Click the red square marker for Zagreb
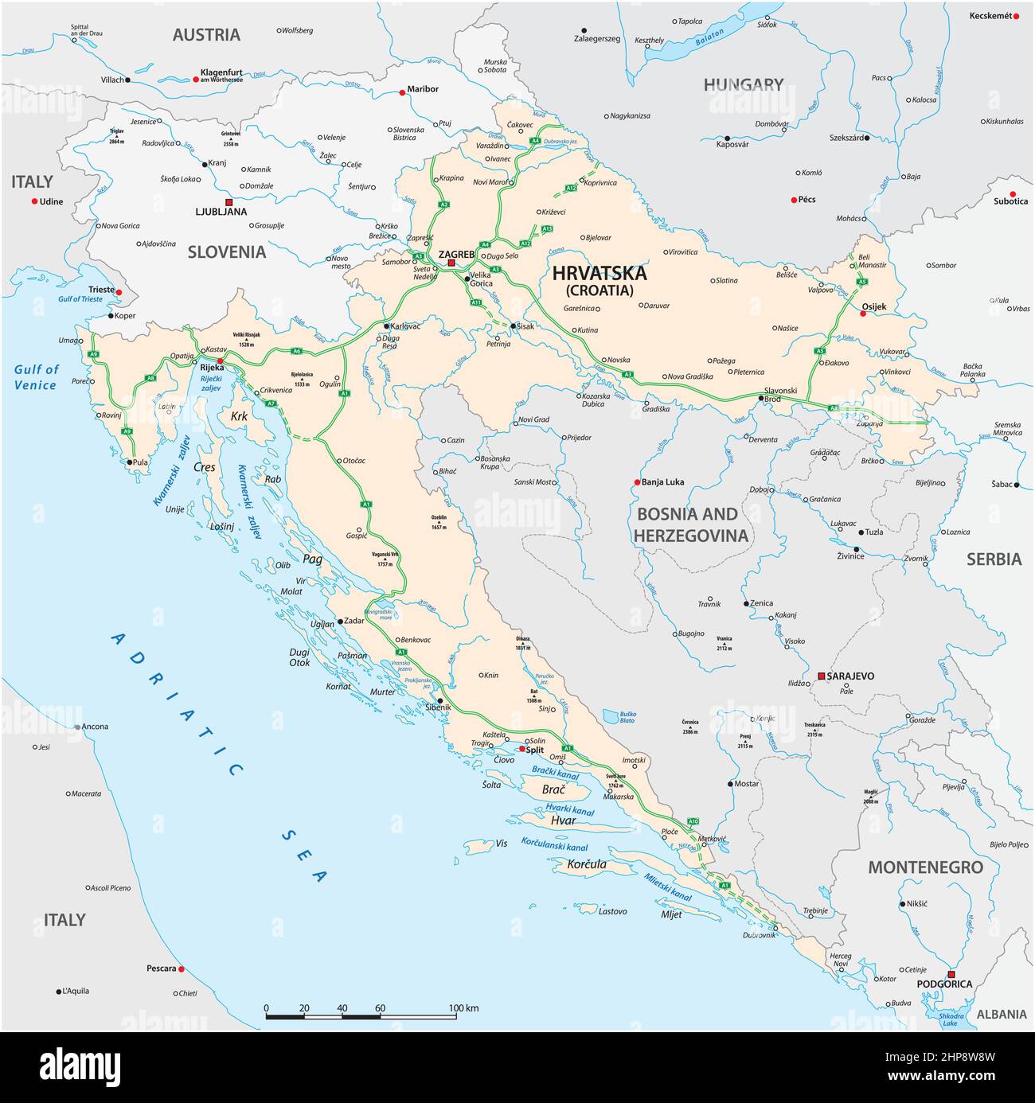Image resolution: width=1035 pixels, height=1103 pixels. click(451, 263)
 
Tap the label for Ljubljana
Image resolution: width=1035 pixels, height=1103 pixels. click(221, 212)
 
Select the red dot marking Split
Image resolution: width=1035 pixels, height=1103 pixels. click(522, 749)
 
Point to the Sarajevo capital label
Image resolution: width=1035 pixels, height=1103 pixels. click(850, 676)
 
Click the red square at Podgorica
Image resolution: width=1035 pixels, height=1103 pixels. click(951, 974)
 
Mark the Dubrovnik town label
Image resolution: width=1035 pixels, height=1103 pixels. click(760, 935)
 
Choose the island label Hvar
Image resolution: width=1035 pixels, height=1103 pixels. click(562, 820)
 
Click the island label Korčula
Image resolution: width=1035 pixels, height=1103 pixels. click(587, 864)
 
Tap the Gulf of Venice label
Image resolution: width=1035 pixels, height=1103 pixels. click(36, 377)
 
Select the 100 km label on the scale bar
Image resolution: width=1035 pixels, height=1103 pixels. click(463, 1008)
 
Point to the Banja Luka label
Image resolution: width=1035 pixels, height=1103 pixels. click(662, 482)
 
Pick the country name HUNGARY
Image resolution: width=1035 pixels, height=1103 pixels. click(743, 84)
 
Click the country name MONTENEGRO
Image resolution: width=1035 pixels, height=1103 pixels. click(925, 867)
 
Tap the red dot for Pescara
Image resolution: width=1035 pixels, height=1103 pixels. click(182, 969)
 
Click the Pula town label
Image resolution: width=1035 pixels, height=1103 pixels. click(140, 462)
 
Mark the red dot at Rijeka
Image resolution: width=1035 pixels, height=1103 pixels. click(221, 361)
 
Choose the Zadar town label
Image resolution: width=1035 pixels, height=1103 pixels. click(353, 621)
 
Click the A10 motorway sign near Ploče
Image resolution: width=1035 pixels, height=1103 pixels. click(693, 820)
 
